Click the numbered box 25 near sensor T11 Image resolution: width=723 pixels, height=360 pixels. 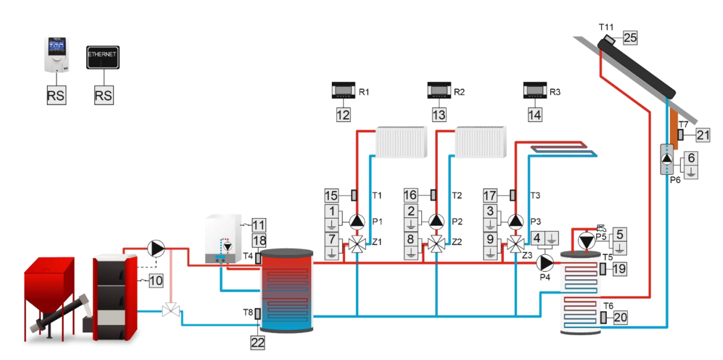pos(630,38)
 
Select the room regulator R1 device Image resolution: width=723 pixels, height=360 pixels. pos(343,91)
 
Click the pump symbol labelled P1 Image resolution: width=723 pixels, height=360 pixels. pos(357,221)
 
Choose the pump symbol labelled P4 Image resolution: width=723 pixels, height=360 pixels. pos(547,261)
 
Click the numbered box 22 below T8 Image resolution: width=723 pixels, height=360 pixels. pos(257,342)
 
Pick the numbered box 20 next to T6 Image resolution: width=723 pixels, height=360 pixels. pos(620,317)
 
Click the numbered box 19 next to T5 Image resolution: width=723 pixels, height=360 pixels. pos(620,269)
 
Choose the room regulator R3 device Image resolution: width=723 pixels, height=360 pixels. pos(534,91)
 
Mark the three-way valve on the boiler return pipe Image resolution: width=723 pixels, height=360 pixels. pos(169,310)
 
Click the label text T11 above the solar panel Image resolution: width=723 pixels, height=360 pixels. pos(607,27)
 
